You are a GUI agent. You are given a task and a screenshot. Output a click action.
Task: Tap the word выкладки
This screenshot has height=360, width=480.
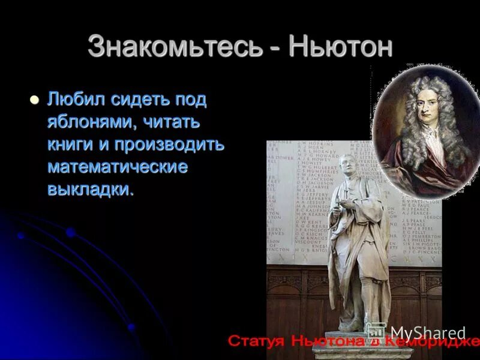tap(91, 190)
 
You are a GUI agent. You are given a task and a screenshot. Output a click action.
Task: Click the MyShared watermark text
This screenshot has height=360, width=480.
tap(427, 332)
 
